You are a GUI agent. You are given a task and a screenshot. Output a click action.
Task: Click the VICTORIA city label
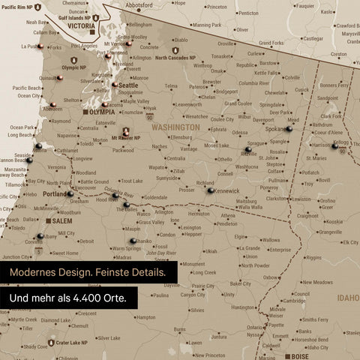[x=81, y=25]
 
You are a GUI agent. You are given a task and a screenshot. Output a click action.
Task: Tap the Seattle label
[x=128, y=85]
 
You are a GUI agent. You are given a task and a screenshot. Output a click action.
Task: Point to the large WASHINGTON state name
[x=175, y=127]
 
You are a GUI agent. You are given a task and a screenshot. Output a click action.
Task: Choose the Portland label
[x=55, y=193]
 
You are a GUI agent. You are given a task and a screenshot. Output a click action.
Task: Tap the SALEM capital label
[x=62, y=222]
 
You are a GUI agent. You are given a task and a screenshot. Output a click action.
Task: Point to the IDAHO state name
[x=347, y=298]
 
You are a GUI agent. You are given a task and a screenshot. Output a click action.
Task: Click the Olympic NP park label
[x=73, y=67]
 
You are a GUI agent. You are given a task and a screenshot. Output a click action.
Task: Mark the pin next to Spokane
[x=289, y=129]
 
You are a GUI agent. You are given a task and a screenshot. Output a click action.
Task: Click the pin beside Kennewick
[x=211, y=190]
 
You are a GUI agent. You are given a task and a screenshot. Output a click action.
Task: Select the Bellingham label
[x=140, y=25]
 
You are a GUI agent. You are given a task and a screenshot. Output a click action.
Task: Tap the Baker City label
[x=241, y=284]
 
